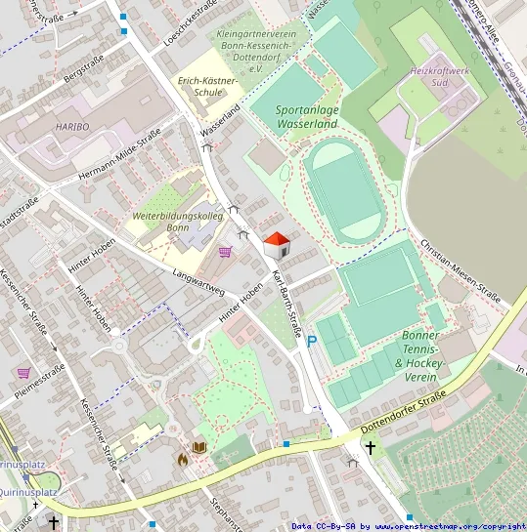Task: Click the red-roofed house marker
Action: [277, 244]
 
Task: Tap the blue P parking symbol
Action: [312, 342]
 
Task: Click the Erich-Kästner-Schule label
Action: [202, 86]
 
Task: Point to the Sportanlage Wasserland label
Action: [307, 117]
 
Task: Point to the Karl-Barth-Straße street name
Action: [290, 289]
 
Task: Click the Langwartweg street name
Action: [198, 281]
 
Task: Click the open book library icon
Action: [199, 447]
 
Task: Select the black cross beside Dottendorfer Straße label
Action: [370, 447]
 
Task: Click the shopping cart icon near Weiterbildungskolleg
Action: [226, 252]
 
